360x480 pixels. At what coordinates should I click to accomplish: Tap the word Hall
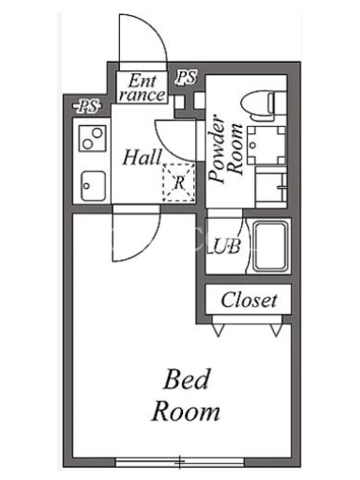click(x=142, y=157)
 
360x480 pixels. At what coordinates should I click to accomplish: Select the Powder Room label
click(x=226, y=149)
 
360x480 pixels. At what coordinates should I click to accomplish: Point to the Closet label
click(x=249, y=300)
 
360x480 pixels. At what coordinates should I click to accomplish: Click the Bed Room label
click(x=186, y=395)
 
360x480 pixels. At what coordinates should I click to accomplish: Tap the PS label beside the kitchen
click(x=87, y=107)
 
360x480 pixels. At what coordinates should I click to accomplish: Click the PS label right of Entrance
click(x=186, y=77)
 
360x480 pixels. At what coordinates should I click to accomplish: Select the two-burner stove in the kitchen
click(x=92, y=139)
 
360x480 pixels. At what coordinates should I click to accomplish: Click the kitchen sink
click(x=93, y=186)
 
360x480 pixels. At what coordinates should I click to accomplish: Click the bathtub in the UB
click(x=271, y=246)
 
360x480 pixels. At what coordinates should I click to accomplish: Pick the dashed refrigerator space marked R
click(x=179, y=183)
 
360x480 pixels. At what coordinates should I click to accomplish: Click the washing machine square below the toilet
click(x=266, y=146)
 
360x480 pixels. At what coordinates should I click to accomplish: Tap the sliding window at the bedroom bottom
click(x=180, y=462)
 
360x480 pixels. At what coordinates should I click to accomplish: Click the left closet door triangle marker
click(x=218, y=331)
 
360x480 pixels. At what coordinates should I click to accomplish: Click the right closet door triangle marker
click(x=276, y=331)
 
